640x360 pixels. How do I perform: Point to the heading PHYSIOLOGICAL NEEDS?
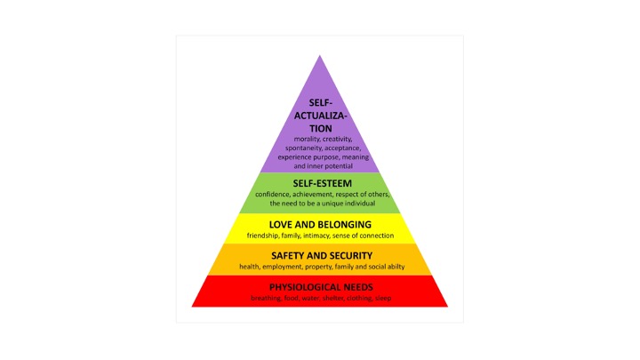pos(321,287)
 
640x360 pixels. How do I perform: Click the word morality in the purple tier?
pos(298,139)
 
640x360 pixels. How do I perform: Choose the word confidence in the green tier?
pos(275,194)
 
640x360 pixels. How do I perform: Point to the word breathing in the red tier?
pos(268,299)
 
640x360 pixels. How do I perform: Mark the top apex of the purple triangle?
pos(320,55)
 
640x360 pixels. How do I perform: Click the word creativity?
pos(336,139)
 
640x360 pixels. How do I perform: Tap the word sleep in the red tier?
pos(384,299)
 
